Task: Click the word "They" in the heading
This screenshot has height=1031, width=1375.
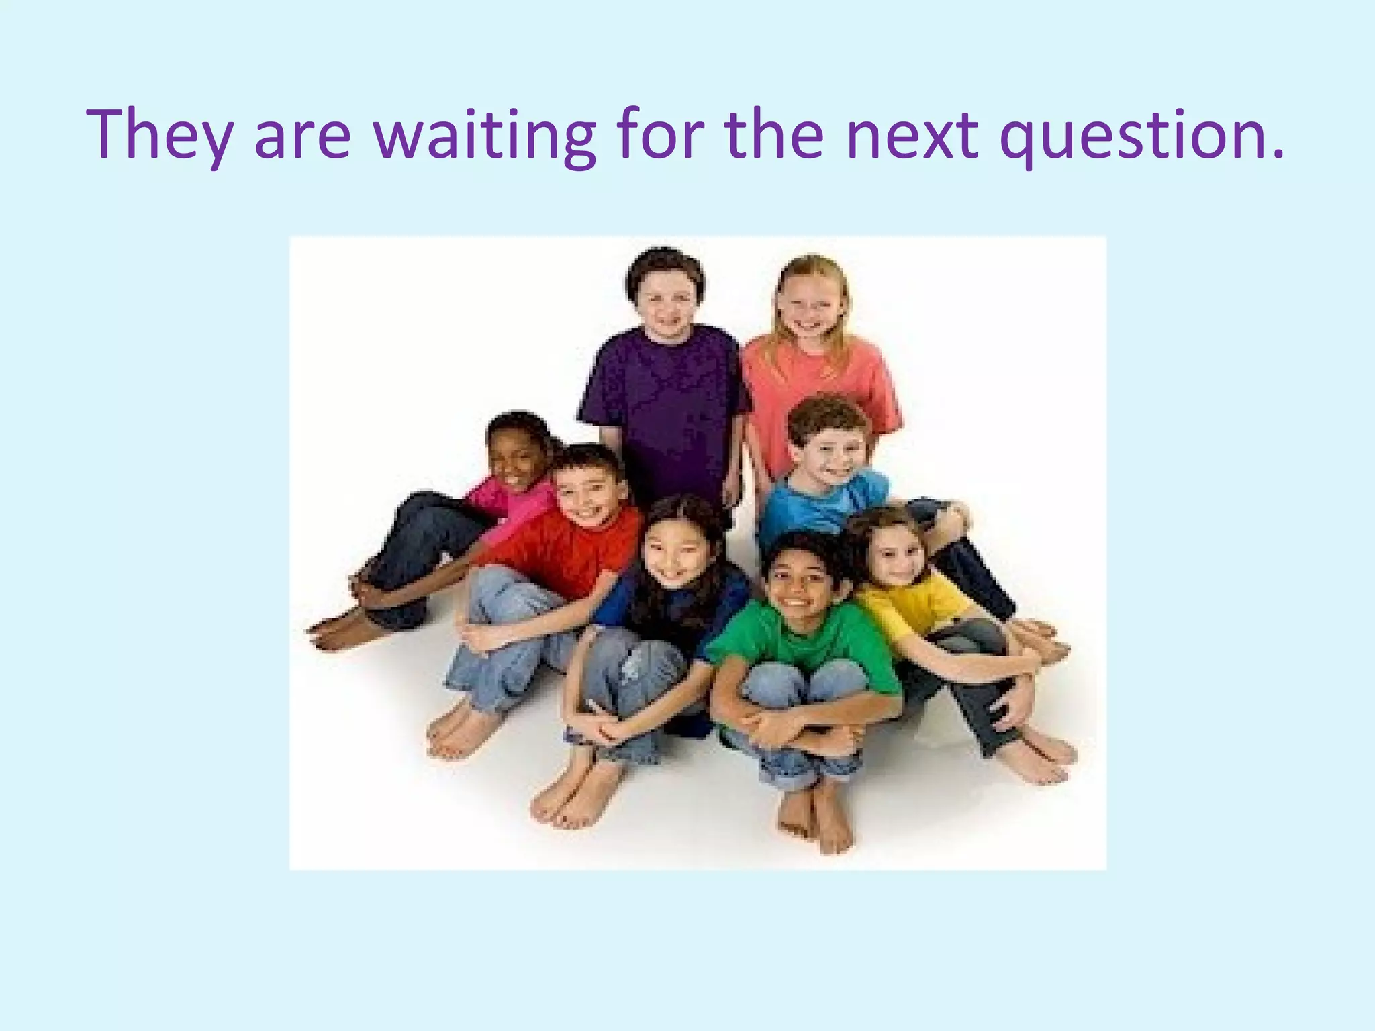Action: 158,136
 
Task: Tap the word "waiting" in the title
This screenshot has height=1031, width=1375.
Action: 484,136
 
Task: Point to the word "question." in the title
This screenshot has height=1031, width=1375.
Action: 1141,137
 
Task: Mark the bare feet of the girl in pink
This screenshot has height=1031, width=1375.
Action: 342,631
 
